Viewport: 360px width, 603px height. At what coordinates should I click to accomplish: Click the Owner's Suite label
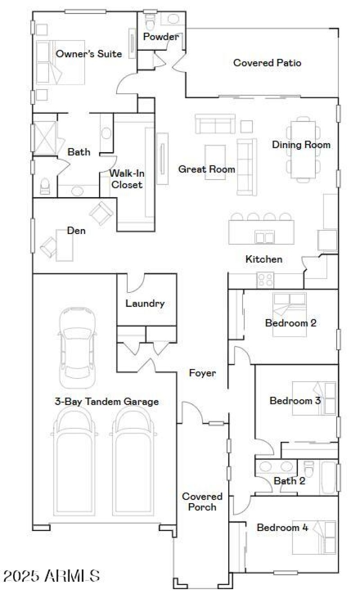click(x=89, y=54)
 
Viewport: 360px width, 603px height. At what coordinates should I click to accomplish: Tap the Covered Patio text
click(x=267, y=63)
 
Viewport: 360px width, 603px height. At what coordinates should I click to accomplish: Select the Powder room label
click(x=161, y=37)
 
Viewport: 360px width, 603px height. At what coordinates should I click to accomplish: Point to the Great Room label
click(x=207, y=169)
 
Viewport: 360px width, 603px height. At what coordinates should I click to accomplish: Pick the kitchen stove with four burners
click(x=265, y=280)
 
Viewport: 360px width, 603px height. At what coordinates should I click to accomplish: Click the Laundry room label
click(x=145, y=303)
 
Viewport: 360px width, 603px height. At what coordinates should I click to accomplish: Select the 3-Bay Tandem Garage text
click(x=107, y=401)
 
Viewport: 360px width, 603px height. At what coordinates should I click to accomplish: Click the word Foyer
click(x=202, y=373)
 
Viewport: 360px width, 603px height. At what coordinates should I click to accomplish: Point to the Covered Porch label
click(x=202, y=502)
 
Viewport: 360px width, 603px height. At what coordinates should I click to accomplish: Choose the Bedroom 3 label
click(x=295, y=400)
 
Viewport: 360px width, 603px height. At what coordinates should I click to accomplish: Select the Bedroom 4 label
click(x=283, y=528)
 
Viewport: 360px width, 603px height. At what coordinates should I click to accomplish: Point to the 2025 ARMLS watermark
click(x=51, y=576)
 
